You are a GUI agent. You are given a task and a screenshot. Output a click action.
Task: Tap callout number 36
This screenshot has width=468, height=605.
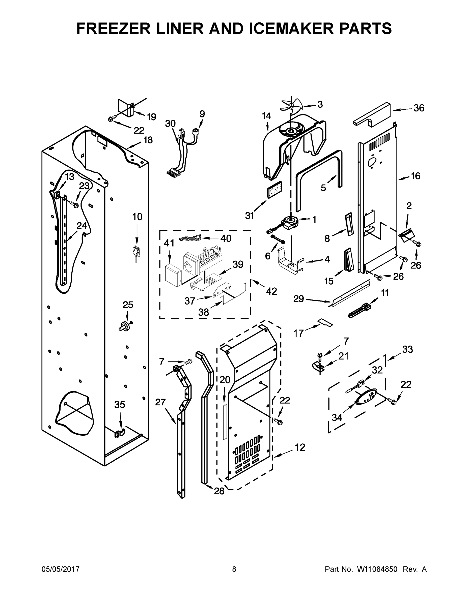(x=419, y=108)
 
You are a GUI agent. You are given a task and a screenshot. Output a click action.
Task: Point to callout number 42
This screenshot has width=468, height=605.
(x=271, y=291)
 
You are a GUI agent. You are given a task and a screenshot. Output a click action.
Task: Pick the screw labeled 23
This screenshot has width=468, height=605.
(x=75, y=205)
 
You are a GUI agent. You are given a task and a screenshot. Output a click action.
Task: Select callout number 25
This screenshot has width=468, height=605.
(x=128, y=305)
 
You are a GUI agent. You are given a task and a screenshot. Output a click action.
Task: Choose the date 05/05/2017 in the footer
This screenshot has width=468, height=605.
(x=61, y=569)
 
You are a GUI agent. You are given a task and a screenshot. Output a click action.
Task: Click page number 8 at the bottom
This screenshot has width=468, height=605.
(x=234, y=569)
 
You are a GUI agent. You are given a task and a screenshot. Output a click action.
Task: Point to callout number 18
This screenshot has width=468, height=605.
(x=148, y=140)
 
